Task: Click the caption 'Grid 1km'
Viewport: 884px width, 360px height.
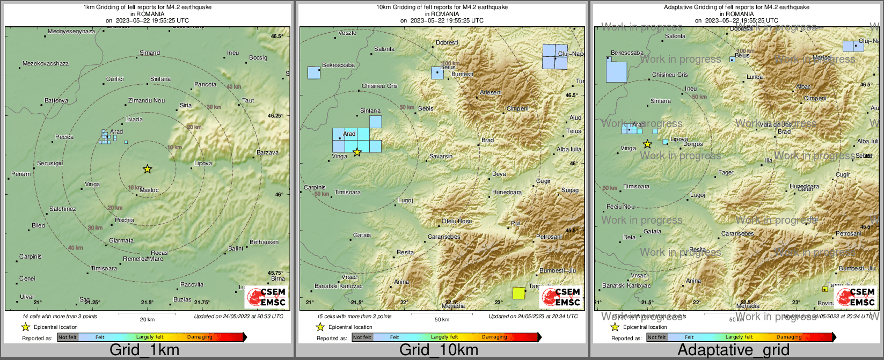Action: [144, 350]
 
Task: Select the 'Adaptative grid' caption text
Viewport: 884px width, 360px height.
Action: [733, 350]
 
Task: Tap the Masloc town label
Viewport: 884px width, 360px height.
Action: [149, 190]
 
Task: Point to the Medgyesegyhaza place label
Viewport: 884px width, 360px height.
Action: [71, 31]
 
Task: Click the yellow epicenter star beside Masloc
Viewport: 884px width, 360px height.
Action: [148, 169]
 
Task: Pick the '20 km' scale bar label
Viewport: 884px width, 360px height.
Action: [147, 319]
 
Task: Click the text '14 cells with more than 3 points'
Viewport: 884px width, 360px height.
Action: [60, 317]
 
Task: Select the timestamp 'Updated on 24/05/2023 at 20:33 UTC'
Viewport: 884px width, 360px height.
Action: [238, 317]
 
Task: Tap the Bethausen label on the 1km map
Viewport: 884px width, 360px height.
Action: [264, 242]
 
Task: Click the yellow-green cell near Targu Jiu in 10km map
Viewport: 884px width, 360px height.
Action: [518, 292]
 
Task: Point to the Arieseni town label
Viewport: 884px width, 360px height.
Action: [491, 92]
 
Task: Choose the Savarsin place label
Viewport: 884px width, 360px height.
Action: [441, 156]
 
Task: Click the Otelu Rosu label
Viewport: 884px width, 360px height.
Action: [457, 221]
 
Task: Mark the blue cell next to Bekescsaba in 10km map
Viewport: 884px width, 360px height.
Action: [313, 72]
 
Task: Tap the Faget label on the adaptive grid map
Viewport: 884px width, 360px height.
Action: [726, 173]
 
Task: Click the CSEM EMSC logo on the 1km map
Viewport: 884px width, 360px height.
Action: [267, 297]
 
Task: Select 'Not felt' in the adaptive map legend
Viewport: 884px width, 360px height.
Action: [656, 337]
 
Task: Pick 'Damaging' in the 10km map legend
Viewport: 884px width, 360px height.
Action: [494, 337]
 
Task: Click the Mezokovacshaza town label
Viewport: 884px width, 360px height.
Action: [46, 63]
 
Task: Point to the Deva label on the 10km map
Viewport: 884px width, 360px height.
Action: [499, 174]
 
